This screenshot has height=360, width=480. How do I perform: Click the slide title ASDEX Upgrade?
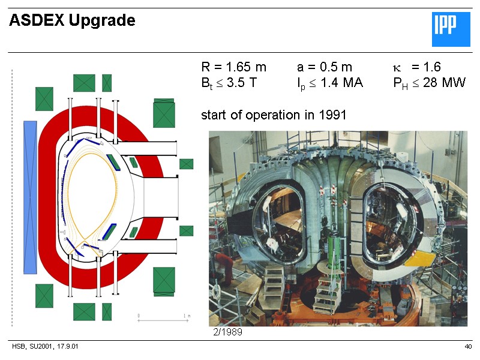tap(72, 21)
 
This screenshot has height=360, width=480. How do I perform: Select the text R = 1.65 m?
tap(233, 67)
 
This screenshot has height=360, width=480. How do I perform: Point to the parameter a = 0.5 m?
tap(324, 67)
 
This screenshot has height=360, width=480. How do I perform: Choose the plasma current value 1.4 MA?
tap(341, 83)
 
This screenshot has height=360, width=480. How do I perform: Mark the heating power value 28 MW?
tap(444, 83)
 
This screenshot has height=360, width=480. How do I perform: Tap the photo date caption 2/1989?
tap(228, 331)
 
